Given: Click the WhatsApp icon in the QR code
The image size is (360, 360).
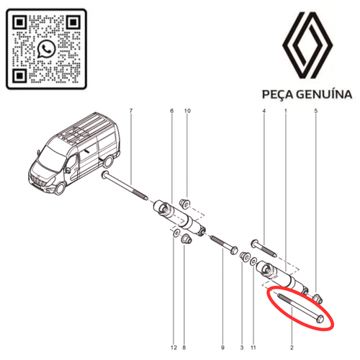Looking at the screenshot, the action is [46, 49].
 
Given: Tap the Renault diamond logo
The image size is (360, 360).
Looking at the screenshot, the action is [307, 45].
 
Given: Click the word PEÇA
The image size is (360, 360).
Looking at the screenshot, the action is [277, 94].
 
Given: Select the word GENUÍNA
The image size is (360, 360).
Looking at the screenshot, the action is [324, 94].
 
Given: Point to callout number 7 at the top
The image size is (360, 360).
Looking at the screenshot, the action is [131, 111].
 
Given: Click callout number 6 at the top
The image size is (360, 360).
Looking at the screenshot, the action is [172, 111].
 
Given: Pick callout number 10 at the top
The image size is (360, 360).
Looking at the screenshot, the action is [187, 111].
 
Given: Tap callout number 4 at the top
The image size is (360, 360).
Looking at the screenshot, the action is [264, 111].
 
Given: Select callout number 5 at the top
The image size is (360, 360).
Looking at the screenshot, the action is [316, 111].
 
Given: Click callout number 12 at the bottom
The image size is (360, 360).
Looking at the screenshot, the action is [174, 348].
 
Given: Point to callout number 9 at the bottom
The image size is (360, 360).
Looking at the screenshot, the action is [222, 348].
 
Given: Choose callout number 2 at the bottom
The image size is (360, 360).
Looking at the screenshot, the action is [292, 348].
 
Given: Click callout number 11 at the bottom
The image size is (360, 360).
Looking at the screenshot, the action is [253, 348].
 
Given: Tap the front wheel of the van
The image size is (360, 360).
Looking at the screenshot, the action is [60, 189].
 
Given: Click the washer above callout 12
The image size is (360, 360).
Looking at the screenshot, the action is [177, 233].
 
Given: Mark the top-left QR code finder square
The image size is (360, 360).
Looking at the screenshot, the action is [19, 23].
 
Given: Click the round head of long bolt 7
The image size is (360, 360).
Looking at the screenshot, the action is [106, 175].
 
